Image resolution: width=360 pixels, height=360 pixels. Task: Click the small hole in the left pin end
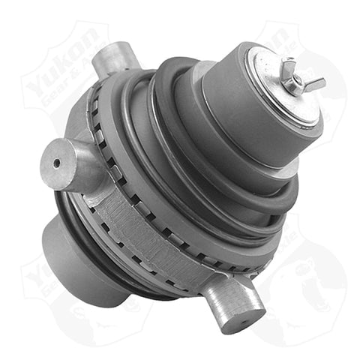coord(56,162)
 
